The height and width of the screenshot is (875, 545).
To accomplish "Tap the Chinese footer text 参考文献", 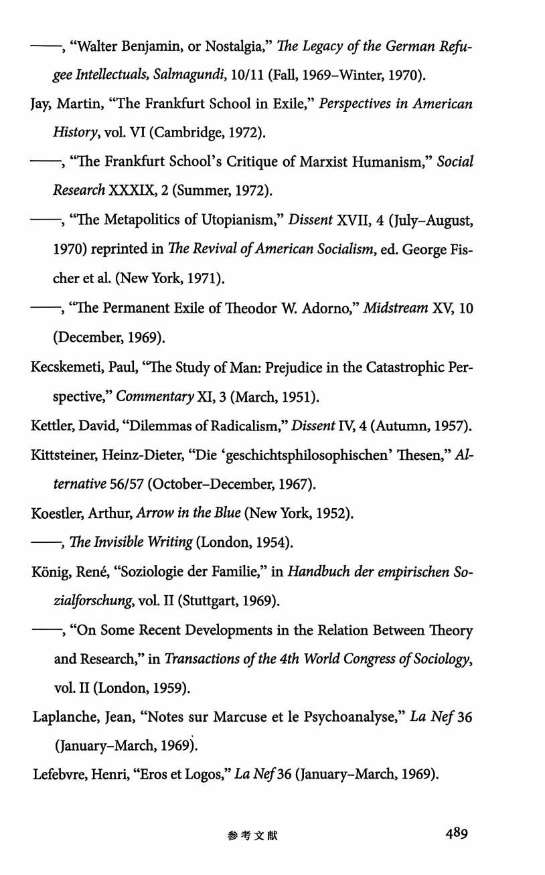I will [252, 836].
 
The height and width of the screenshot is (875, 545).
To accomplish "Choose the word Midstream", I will [395, 309].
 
